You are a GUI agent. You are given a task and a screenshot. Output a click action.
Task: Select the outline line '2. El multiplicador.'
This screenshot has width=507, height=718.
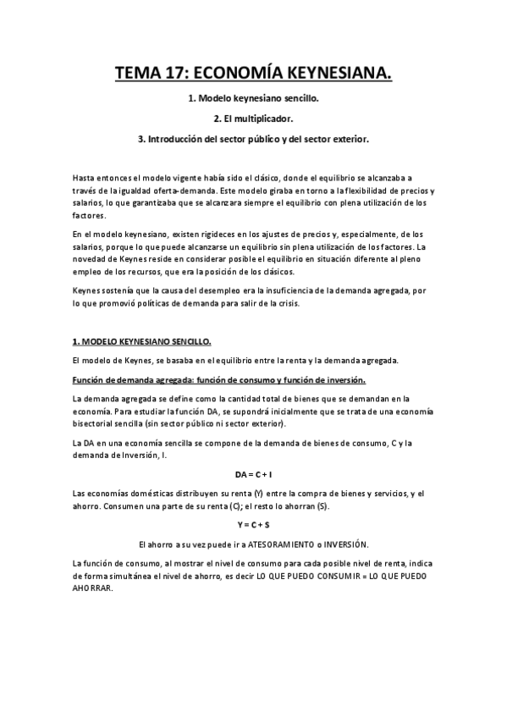(253, 119)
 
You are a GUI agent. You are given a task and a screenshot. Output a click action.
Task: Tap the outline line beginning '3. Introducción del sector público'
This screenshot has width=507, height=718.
(253, 138)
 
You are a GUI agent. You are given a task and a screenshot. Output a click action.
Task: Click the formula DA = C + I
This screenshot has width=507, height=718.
(253, 473)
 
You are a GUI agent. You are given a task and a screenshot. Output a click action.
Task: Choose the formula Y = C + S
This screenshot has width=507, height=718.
(253, 525)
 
